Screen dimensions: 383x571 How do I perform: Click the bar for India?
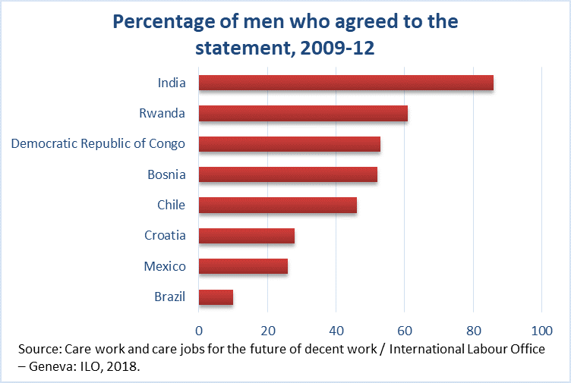345,83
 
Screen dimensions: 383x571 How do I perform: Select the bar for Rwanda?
303,114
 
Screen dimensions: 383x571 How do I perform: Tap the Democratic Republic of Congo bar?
289,144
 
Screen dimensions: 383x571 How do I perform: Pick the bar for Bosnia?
288,174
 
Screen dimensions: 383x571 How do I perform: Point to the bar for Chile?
277,205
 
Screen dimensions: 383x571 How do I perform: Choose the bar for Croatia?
246,235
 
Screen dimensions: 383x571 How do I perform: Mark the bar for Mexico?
243,266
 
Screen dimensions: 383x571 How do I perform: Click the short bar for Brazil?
216,297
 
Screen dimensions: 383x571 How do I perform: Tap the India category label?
171,83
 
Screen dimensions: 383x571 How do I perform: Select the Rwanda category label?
162,114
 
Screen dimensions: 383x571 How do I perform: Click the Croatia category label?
165,235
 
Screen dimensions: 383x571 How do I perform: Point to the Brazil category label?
169,297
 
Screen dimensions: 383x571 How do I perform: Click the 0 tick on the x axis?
199,330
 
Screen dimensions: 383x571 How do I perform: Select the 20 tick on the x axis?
267,330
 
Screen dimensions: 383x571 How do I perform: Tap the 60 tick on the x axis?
405,330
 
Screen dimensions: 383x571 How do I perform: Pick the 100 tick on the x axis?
541,330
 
